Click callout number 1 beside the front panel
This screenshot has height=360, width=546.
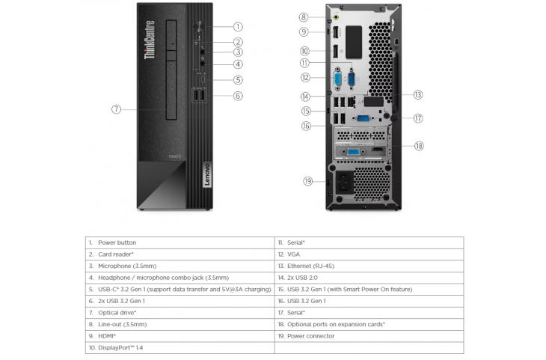coord(238,27)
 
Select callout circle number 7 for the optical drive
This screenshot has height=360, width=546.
coord(116,109)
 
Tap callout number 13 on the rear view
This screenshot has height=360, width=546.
coord(418,94)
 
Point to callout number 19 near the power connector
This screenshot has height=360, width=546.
coord(307,181)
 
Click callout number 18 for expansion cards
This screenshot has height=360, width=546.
coord(419,146)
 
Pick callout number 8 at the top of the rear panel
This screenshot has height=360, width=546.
coord(304,16)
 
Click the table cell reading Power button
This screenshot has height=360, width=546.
coord(117,242)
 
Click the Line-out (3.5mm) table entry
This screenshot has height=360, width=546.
coord(122,324)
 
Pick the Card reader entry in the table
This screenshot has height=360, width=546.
coord(116,254)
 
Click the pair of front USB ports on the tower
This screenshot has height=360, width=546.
coord(199,96)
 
